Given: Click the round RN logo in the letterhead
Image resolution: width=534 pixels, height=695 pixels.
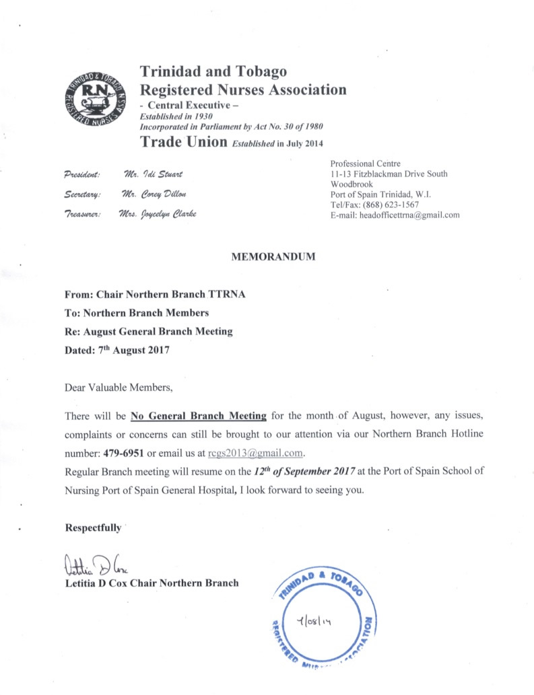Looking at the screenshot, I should [94, 98].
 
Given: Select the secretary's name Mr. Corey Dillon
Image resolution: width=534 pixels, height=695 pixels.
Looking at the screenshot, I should [155, 195].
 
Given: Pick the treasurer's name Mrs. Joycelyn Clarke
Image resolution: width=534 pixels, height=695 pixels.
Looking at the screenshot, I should [161, 215].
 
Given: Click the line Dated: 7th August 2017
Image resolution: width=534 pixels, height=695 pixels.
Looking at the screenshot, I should [116, 351].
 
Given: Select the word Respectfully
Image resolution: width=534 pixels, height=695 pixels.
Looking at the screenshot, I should [93, 528].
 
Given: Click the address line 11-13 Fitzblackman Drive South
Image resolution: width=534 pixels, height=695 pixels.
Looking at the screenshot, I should [389, 174].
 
